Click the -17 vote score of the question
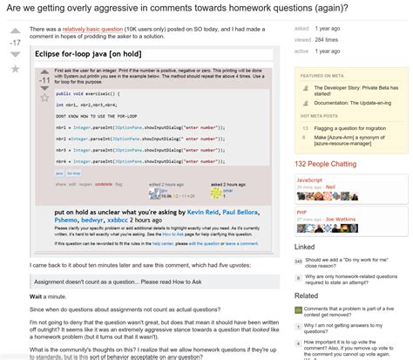pyautogui.click(x=15, y=40)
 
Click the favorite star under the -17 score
pyautogui.click(x=15, y=67)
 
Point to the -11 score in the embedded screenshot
pyautogui.click(x=44, y=80)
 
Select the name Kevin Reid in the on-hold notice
pyautogui.click(x=202, y=212)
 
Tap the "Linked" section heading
pyautogui.click(x=305, y=247)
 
